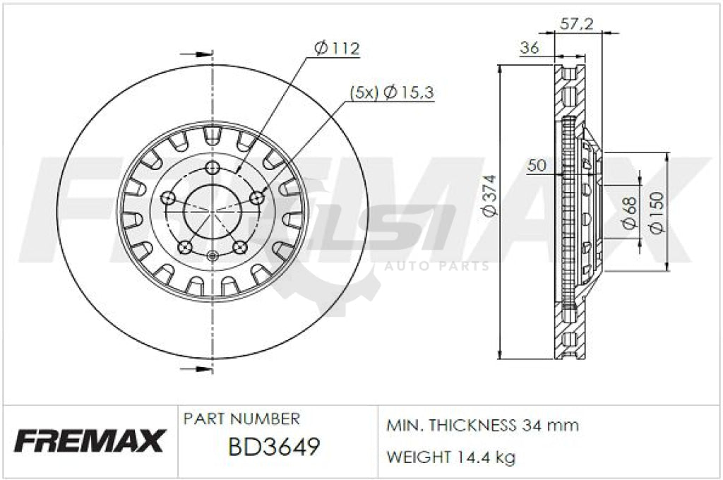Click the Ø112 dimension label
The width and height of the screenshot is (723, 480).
[x=336, y=48]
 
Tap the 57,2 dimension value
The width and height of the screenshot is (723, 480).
[x=575, y=24]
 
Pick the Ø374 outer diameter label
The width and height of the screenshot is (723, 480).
[x=488, y=196]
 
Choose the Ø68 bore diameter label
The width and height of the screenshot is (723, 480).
[x=630, y=212]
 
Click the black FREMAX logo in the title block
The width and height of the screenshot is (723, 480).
[x=89, y=441]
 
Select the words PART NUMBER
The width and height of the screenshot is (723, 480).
[x=241, y=419]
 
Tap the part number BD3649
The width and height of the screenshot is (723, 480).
[x=274, y=447]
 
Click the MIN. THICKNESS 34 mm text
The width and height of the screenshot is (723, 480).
[x=482, y=425]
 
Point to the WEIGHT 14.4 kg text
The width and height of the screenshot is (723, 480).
[x=450, y=457]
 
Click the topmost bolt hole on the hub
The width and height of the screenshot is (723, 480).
[x=213, y=167]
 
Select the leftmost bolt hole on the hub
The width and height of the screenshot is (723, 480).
[x=168, y=198]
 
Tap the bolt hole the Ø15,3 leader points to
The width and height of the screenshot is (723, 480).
[x=257, y=198]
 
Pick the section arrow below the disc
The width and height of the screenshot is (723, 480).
[x=196, y=369]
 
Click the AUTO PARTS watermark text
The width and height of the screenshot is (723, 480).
[x=436, y=266]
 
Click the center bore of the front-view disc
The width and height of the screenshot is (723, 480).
[x=213, y=211]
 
